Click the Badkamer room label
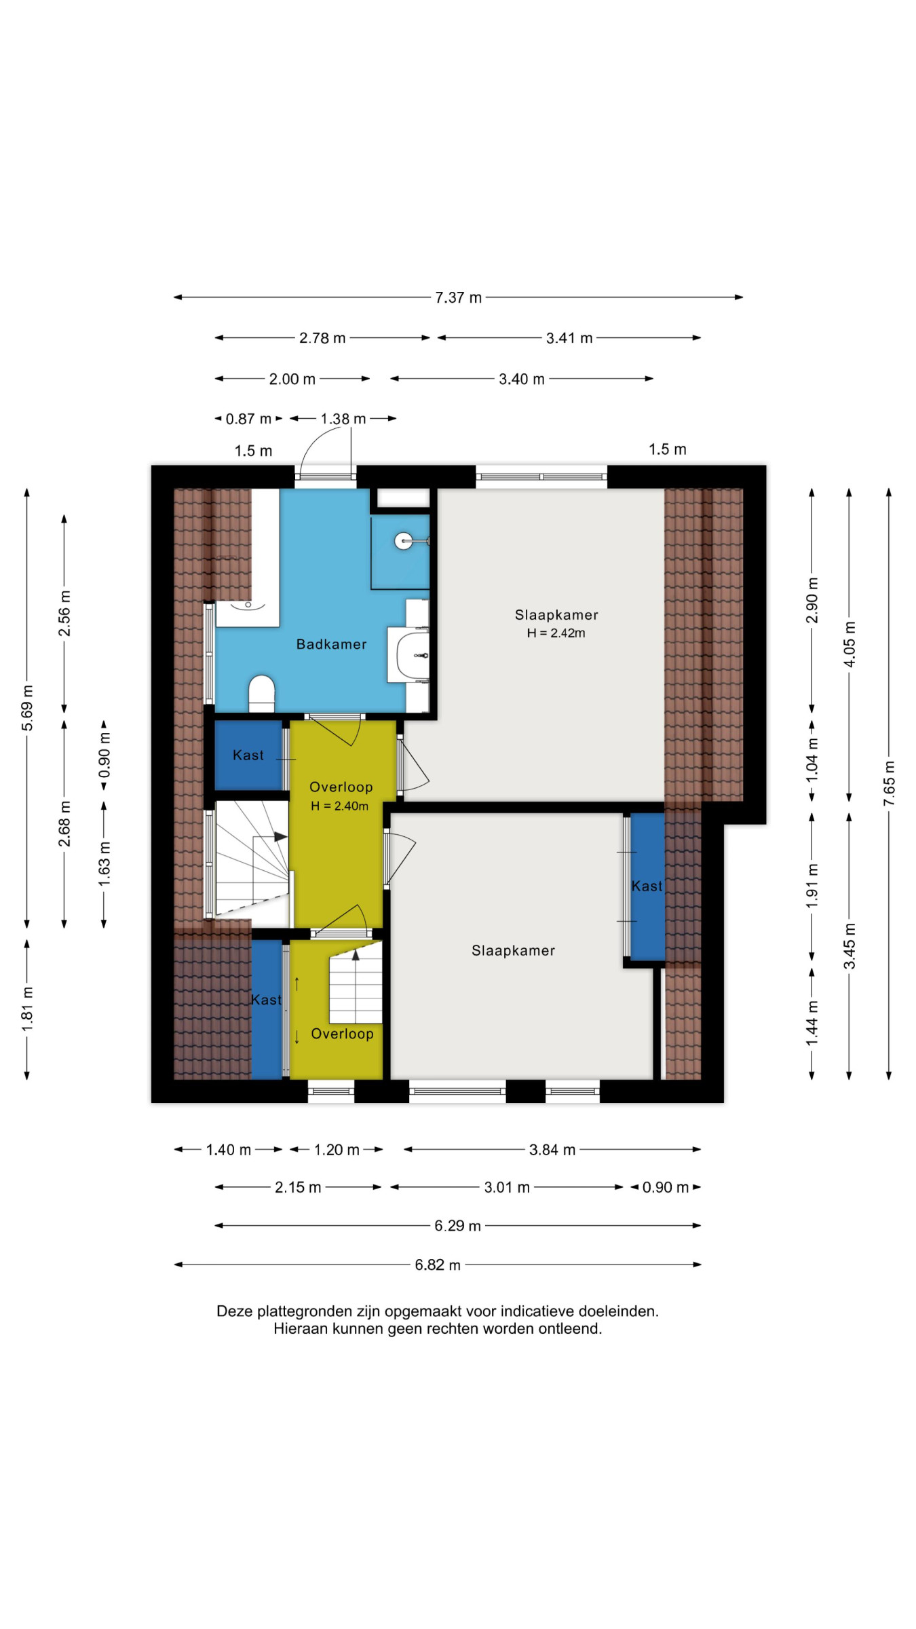331,644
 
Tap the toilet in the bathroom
261,693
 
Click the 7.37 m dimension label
459,297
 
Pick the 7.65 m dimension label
889,783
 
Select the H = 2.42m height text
556,633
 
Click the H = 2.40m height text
339,806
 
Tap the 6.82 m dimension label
438,1265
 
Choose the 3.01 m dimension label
507,1187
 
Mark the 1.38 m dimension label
343,419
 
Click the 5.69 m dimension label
27,708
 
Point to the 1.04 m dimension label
812,760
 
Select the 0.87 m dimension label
248,419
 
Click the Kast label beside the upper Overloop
248,755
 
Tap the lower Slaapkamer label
513,950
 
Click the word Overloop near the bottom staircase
342,1034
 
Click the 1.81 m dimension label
27,1009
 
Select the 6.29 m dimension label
458,1226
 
